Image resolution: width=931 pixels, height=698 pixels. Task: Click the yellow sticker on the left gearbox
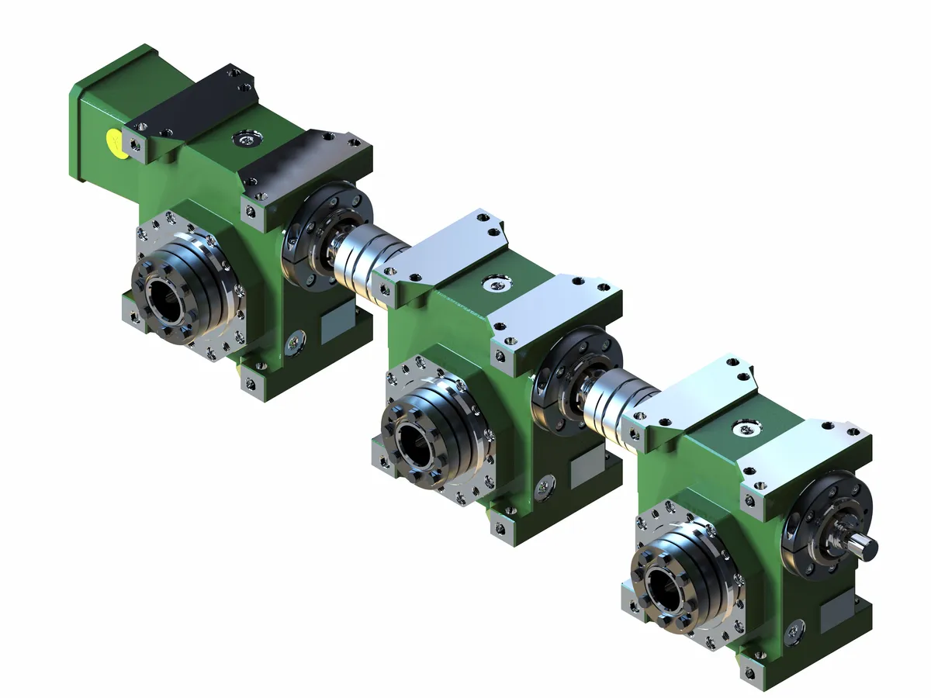(x=116, y=142)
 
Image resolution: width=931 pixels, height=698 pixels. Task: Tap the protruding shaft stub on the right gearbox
(x=865, y=543)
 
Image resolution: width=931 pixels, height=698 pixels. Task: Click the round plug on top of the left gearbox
(x=247, y=140)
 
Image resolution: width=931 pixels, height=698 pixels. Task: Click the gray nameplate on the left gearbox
(x=337, y=318)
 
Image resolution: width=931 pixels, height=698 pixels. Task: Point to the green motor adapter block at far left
(x=105, y=116)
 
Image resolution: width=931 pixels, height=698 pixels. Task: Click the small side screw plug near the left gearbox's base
(x=296, y=339)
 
